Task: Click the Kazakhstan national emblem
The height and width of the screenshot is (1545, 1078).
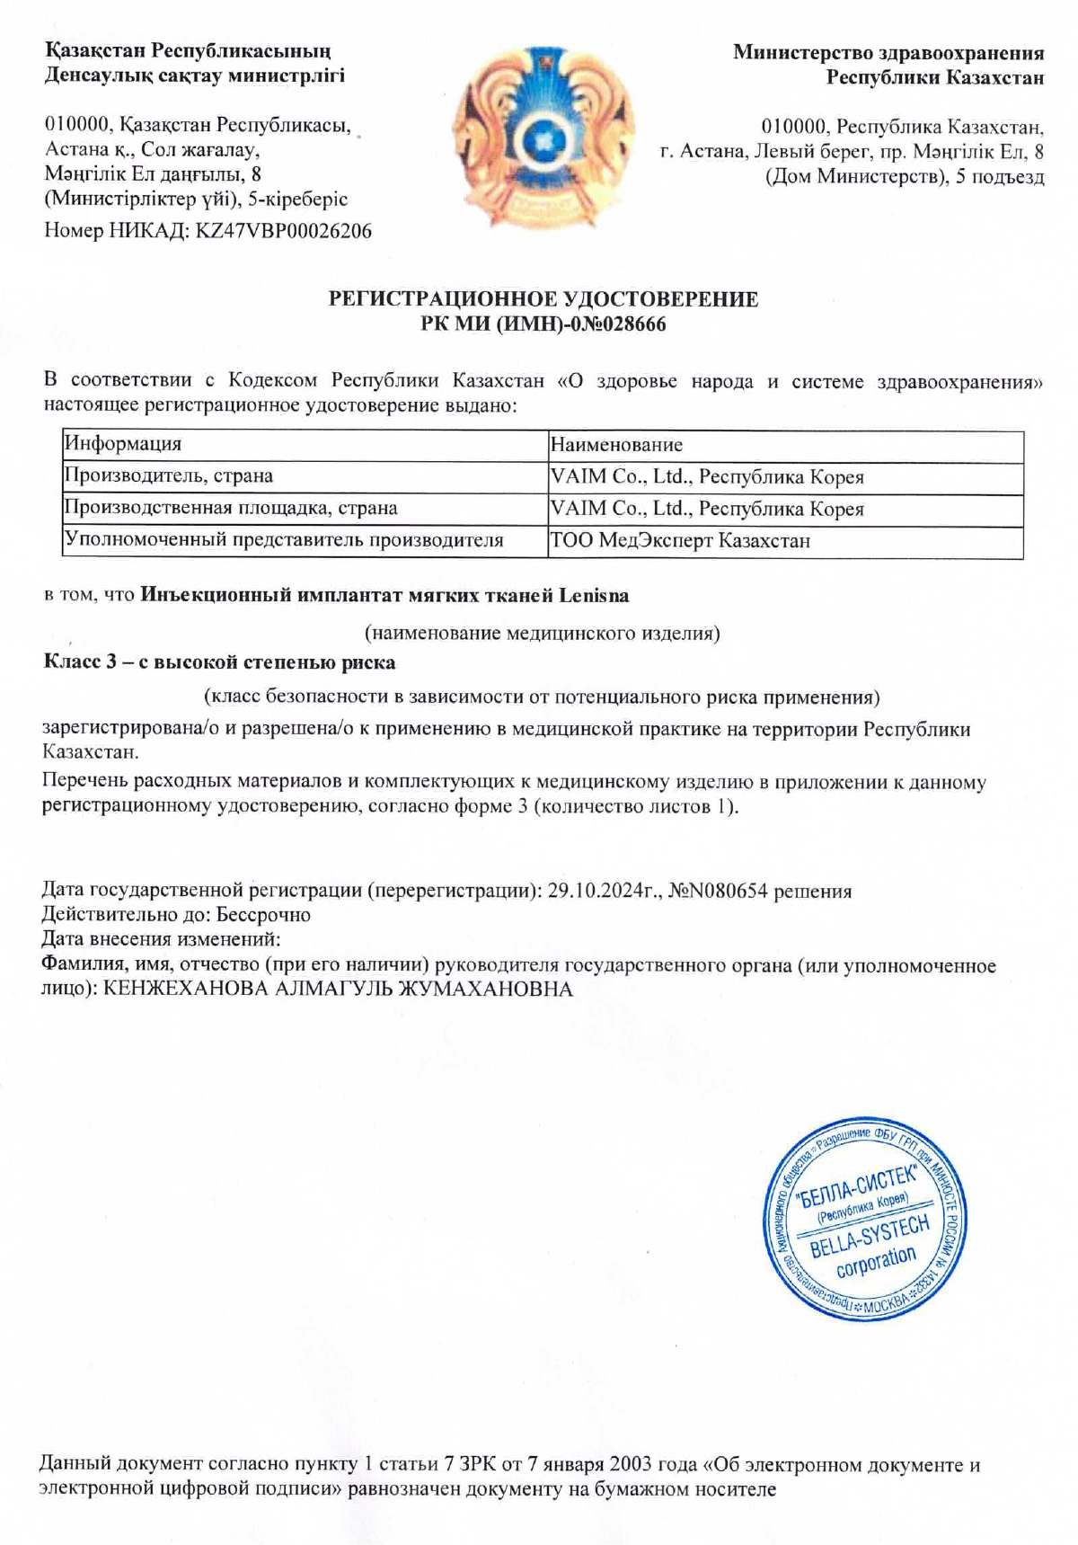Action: point(543,137)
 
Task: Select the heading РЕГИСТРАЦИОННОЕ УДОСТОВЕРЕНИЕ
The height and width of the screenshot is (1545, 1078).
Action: point(543,299)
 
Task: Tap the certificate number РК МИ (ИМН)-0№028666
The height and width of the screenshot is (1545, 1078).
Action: point(543,324)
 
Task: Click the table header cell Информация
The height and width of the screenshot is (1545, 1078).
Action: point(122,444)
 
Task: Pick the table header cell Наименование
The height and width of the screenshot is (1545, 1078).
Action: point(616,445)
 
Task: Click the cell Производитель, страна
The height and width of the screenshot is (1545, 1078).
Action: point(168,476)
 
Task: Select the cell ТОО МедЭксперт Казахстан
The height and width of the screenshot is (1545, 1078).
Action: point(680,541)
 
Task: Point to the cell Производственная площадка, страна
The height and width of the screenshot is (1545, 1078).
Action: point(230,509)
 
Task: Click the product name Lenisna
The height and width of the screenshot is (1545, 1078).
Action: point(594,595)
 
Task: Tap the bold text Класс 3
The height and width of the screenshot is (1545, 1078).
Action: point(81,662)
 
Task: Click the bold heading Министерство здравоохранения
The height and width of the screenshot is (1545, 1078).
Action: point(888,52)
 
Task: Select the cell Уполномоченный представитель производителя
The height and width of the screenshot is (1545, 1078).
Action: point(283,540)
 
